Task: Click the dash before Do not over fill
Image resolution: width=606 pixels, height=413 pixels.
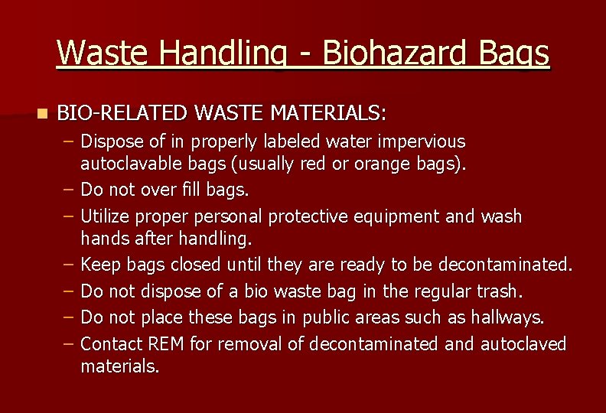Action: pos(69,188)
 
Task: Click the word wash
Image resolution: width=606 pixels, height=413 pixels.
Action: pos(501,216)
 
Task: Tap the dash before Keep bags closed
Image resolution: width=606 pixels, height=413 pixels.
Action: pos(69,265)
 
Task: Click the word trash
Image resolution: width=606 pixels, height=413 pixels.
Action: pos(497,291)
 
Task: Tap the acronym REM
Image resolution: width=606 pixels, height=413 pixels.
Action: pos(168,344)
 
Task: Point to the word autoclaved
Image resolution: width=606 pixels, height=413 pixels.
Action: pos(523,344)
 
